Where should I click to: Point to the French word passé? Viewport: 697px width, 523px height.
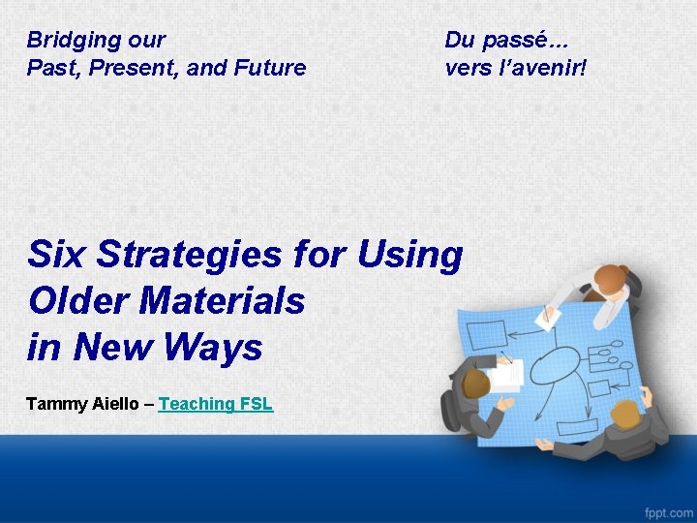point(521,41)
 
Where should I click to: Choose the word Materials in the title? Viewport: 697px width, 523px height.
point(223,300)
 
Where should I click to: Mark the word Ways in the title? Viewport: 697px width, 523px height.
point(214,347)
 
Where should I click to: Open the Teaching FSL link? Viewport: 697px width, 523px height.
point(215,404)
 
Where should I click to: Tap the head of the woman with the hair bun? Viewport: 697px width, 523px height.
point(609,280)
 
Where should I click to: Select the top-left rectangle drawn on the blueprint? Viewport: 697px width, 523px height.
point(485,335)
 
